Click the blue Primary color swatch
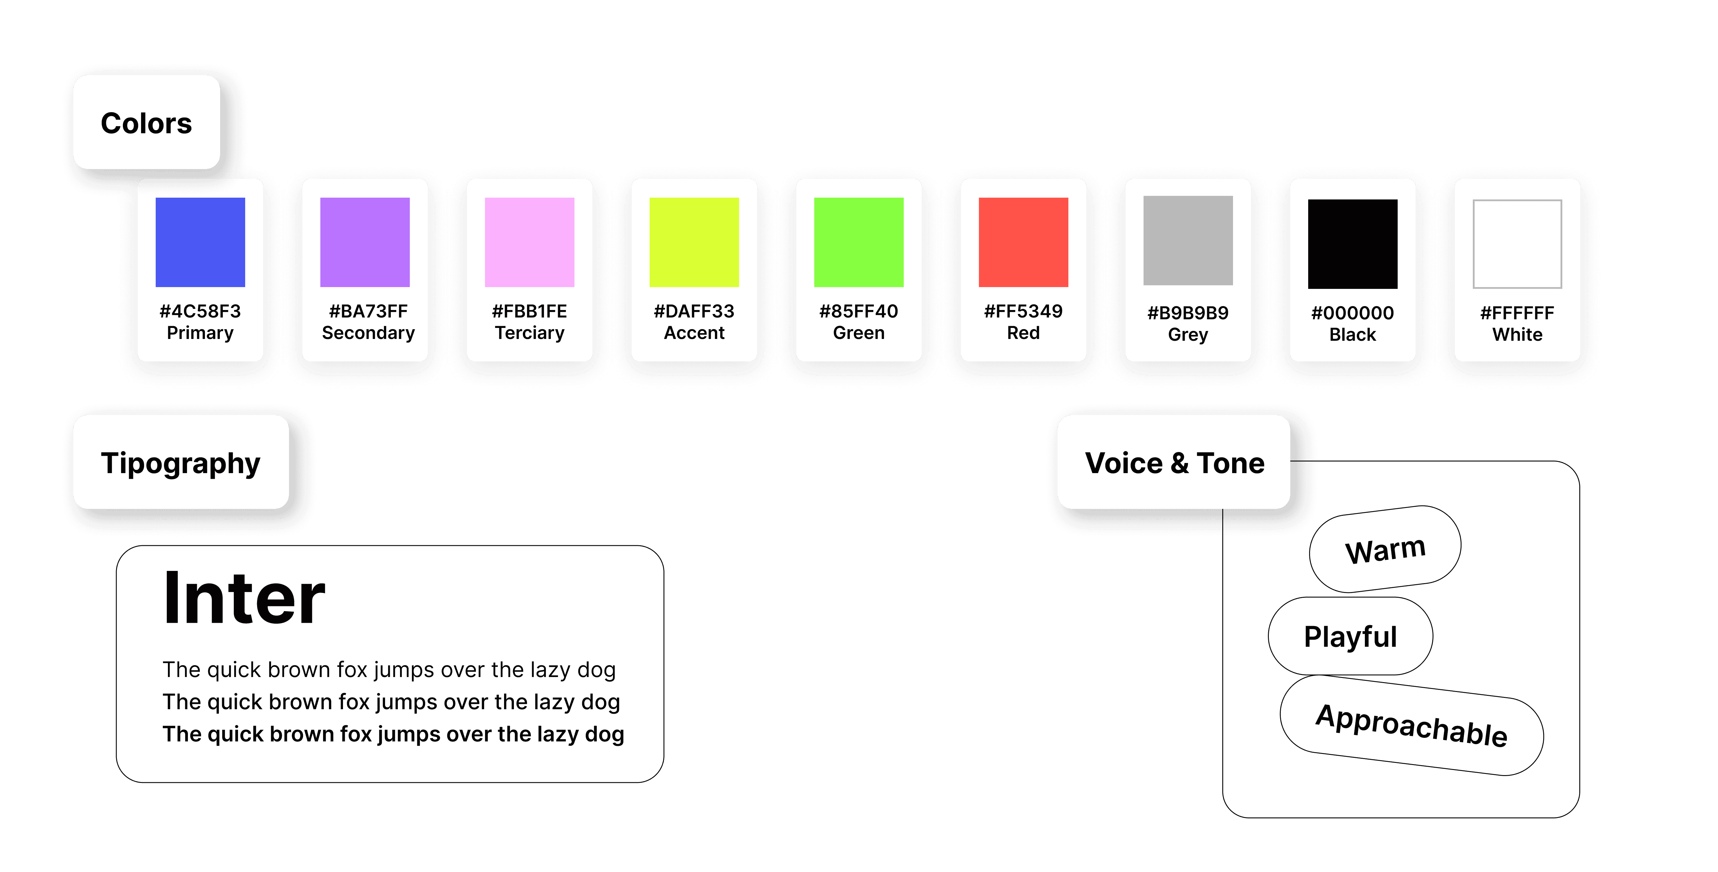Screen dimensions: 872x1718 pyautogui.click(x=200, y=242)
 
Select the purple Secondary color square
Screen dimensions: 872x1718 pyautogui.click(x=365, y=242)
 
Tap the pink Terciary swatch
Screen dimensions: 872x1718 pyautogui.click(x=529, y=242)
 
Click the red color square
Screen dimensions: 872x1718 pyautogui.click(x=1023, y=242)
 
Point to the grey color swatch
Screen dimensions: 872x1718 pyautogui.click(x=1188, y=241)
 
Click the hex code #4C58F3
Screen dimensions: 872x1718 pyautogui.click(x=200, y=311)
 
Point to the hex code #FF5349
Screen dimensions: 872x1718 pyautogui.click(x=1023, y=311)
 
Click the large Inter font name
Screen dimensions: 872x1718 pyautogui.click(x=244, y=599)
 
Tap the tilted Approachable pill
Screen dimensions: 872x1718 pyautogui.click(x=1411, y=725)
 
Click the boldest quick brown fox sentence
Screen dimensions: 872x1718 pyautogui.click(x=393, y=734)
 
